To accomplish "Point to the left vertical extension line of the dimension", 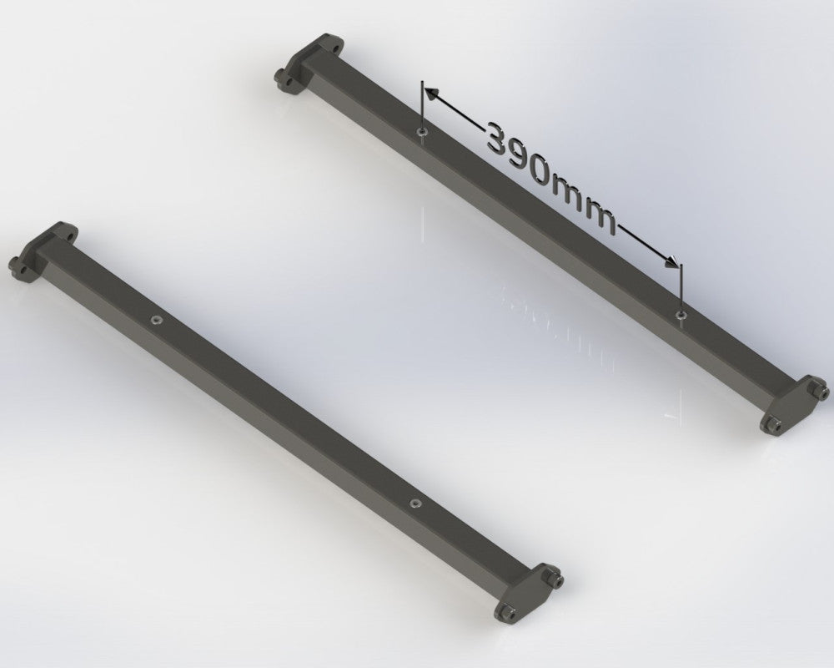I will [x=423, y=109].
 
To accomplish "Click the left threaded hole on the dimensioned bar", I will [x=423, y=132].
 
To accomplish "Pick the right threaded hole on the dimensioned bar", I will [x=682, y=315].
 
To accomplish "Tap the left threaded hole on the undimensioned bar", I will [x=155, y=319].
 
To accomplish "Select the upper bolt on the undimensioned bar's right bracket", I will [x=554, y=577].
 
